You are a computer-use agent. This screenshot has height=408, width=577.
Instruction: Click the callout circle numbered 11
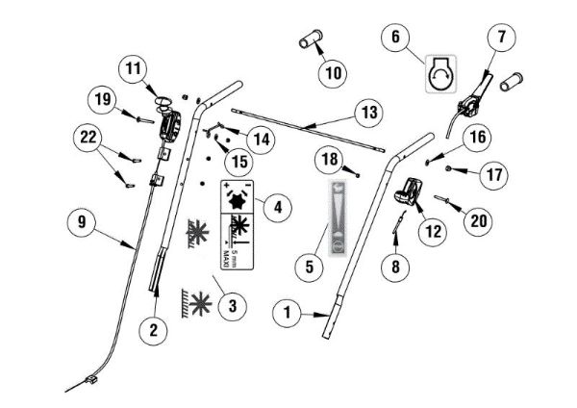(133, 69)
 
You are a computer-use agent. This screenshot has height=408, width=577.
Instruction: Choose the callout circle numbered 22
(88, 140)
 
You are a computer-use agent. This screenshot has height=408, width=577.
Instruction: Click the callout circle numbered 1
(286, 312)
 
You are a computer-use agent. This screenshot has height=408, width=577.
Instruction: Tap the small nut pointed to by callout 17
(450, 171)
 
